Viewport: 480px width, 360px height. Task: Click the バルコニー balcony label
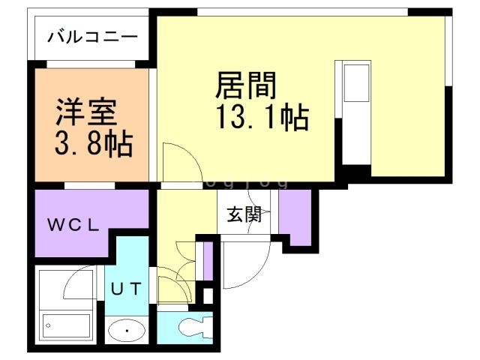(x=93, y=37)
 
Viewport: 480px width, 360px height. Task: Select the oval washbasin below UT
(x=126, y=330)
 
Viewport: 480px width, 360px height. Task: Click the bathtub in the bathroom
(x=67, y=325)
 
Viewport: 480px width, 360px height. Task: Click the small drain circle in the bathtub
(x=47, y=325)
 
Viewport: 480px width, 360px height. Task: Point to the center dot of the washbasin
(x=127, y=330)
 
